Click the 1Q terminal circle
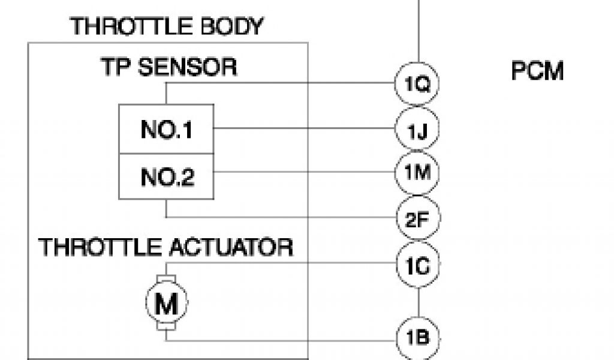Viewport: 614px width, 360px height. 417,84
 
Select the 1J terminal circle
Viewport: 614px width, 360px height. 417,129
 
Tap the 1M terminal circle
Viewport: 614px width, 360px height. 417,173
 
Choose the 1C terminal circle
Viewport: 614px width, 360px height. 417,264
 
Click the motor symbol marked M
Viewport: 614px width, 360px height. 166,303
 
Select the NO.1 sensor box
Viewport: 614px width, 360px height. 166,129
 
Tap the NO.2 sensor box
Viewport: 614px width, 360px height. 166,176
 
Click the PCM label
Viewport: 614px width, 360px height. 537,71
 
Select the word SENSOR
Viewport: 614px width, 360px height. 187,67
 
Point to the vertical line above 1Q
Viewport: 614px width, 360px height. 417,30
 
